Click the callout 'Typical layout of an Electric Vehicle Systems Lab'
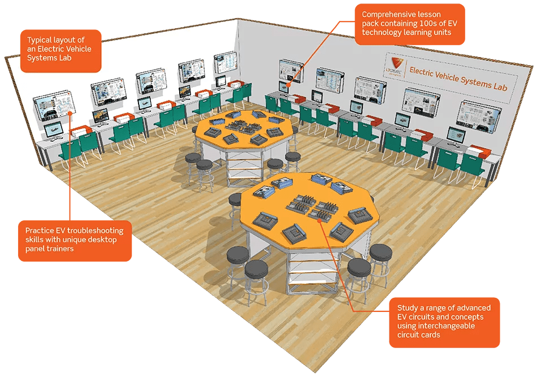(60, 51)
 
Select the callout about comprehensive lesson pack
(410, 24)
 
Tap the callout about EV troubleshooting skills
(75, 240)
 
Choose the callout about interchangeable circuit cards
(444, 322)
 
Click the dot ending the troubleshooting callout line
(70, 113)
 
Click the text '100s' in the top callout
(429, 24)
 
